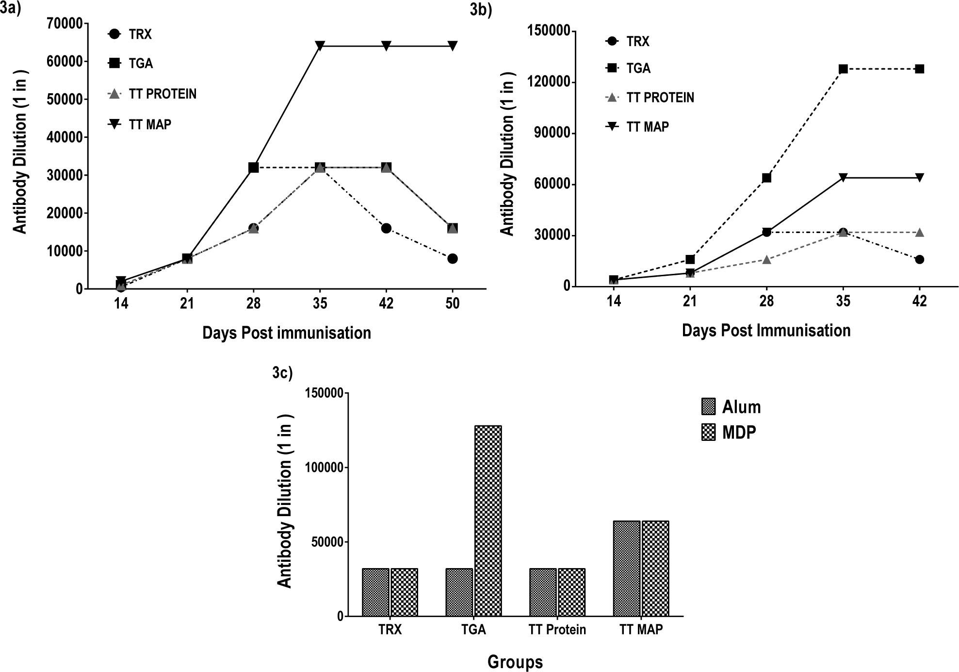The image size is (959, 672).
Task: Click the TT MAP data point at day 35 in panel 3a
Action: point(320,46)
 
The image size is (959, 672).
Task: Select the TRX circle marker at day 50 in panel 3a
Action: point(453,259)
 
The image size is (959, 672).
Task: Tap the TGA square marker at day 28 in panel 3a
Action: point(253,168)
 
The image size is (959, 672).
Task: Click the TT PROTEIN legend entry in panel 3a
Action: point(163,94)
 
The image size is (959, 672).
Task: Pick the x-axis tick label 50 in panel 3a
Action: point(453,304)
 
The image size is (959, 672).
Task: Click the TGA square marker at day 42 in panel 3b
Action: point(919,69)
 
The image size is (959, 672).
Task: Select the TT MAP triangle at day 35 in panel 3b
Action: point(843,178)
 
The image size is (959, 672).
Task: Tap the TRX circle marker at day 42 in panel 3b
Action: point(919,260)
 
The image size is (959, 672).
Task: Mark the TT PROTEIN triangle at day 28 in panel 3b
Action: point(766,260)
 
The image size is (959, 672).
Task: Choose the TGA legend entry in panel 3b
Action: point(638,68)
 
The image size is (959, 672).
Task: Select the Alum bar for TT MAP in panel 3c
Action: point(627,569)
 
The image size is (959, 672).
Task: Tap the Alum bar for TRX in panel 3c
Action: point(375,592)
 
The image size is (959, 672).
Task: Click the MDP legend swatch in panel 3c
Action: point(708,432)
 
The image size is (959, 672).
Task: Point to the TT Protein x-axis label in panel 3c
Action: point(557,630)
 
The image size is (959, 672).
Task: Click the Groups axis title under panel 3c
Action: point(515,662)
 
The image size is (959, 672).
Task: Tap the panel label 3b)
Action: point(481,11)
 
